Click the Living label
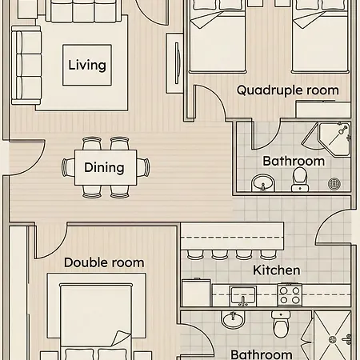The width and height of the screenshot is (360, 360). tap(87, 66)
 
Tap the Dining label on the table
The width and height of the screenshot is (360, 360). tap(104, 168)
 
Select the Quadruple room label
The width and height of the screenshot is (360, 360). tap(288, 90)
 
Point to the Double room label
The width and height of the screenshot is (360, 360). tap(104, 262)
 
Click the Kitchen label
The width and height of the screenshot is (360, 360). tap(277, 270)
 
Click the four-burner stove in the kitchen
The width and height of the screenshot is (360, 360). tap(290, 295)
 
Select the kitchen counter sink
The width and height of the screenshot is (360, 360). tap(243, 296)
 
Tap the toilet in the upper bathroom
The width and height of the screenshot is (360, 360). tap(300, 179)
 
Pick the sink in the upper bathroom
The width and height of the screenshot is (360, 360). tap(263, 182)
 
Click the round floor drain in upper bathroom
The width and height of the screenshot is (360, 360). tap(334, 184)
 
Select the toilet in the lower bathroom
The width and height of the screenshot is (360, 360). tap(281, 324)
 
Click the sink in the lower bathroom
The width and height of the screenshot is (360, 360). tap(233, 319)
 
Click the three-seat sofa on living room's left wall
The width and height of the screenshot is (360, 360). tap(26, 66)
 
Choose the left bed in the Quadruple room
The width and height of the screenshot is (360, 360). tap(218, 36)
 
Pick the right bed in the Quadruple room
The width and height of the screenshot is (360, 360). tap(320, 36)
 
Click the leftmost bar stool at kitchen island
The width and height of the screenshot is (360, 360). tap(195, 254)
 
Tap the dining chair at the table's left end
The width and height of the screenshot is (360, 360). tap(68, 167)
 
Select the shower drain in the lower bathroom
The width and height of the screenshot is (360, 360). tap(333, 340)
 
